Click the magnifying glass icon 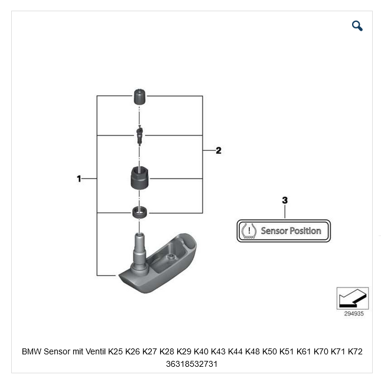pyautogui.click(x=357, y=25)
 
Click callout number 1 pyautogui.click(x=79, y=178)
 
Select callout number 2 pyautogui.click(x=219, y=150)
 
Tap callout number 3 pyautogui.click(x=285, y=201)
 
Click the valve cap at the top pyautogui.click(x=139, y=96)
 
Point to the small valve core pyautogui.click(x=139, y=135)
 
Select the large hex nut pyautogui.click(x=139, y=177)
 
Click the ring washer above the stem pyautogui.click(x=139, y=212)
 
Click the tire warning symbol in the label pyautogui.click(x=249, y=231)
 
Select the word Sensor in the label pyautogui.click(x=274, y=231)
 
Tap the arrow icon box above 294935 pyautogui.click(x=352, y=298)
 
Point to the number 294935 pyautogui.click(x=353, y=314)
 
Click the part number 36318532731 pyautogui.click(x=192, y=364)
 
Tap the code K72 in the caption pyautogui.click(x=355, y=351)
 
